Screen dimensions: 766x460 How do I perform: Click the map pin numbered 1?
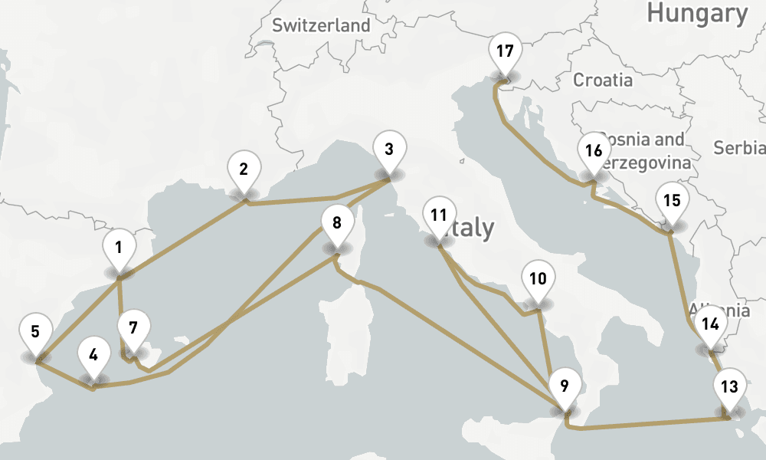[x=119, y=248]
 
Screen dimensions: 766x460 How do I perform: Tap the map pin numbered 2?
[x=244, y=170]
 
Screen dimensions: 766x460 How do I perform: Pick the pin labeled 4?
[x=93, y=356]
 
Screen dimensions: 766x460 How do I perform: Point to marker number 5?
[x=35, y=333]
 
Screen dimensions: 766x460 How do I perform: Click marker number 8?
[x=336, y=224]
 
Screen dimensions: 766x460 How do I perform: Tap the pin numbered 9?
[x=565, y=386]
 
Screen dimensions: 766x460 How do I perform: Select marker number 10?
[x=538, y=279]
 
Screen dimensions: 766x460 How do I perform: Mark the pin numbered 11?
[x=439, y=215]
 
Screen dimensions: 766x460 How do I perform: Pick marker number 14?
[x=710, y=324]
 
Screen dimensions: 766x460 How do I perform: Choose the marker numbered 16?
[x=594, y=152]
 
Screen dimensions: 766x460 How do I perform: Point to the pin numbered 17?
[x=504, y=53]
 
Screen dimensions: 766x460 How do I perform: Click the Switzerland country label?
[x=321, y=25]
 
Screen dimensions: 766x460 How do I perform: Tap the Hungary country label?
[x=696, y=13]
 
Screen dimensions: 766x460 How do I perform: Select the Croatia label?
[x=603, y=80]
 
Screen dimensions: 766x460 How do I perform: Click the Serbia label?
[x=739, y=147]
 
